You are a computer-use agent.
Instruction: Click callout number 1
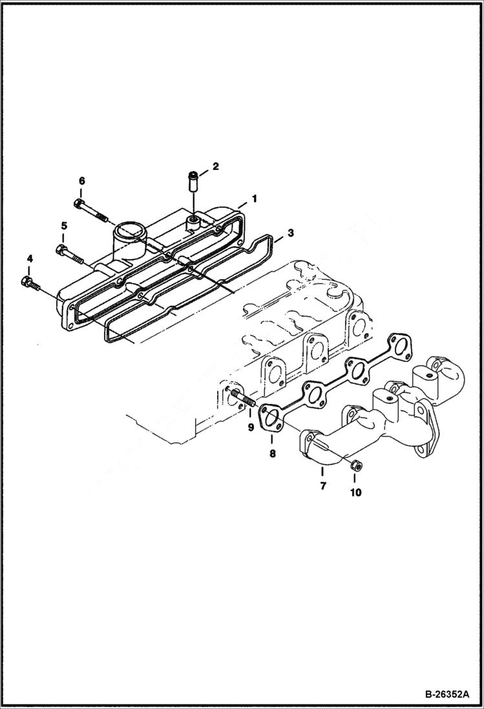point(255,199)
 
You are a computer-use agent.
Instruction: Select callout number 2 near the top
point(216,166)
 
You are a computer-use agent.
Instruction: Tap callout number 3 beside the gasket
point(291,232)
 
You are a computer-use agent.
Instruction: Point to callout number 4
point(29,259)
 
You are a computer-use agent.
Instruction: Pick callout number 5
point(64,226)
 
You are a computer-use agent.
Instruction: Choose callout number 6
point(81,180)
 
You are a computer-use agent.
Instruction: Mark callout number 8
point(272,454)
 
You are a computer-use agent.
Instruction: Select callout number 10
point(356,492)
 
